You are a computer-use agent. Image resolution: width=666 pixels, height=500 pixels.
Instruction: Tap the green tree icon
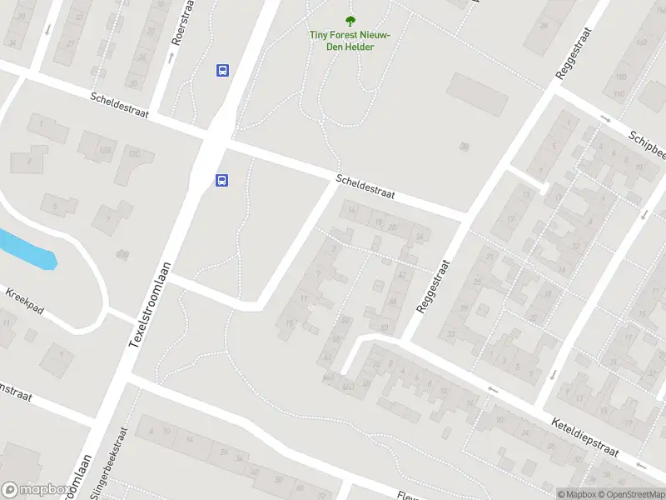point(350,21)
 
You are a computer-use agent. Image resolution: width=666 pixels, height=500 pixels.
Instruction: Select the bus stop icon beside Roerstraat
point(222,71)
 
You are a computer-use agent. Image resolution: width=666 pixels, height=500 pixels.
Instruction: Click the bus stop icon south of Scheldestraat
point(222,180)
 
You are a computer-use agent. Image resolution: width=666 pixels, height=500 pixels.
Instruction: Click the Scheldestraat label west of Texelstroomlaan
point(120,105)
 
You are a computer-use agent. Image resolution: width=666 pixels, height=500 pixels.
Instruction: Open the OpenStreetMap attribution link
point(633,494)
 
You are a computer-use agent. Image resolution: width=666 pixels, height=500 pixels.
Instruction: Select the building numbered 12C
point(133,154)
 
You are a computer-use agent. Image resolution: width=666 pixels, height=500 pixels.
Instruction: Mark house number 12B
point(106,150)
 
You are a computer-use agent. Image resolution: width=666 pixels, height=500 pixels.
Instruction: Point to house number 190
point(621,77)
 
